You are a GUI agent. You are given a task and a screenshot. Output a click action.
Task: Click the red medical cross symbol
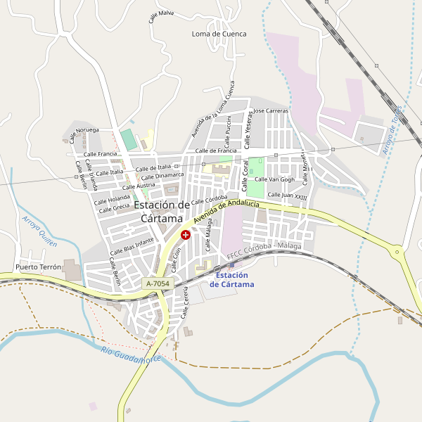(185, 234)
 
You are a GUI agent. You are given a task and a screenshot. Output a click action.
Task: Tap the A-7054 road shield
(157, 283)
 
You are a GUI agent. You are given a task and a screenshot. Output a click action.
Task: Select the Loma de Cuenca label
(219, 34)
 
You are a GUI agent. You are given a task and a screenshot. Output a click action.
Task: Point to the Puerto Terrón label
(38, 268)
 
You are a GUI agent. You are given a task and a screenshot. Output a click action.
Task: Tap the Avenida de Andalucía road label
(226, 212)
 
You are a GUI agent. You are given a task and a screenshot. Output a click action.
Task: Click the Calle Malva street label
(161, 16)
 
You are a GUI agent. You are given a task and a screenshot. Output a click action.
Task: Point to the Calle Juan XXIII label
(287, 195)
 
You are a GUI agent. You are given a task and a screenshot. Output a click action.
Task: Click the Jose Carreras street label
(271, 111)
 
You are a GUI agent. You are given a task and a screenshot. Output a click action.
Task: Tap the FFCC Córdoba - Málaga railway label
(264, 251)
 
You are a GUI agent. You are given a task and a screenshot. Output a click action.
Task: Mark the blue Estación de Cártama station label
(231, 279)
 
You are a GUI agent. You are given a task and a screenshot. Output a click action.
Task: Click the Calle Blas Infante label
(132, 246)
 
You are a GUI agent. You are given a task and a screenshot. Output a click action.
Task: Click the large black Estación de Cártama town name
(162, 211)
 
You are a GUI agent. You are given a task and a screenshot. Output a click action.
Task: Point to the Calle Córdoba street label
(210, 199)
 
